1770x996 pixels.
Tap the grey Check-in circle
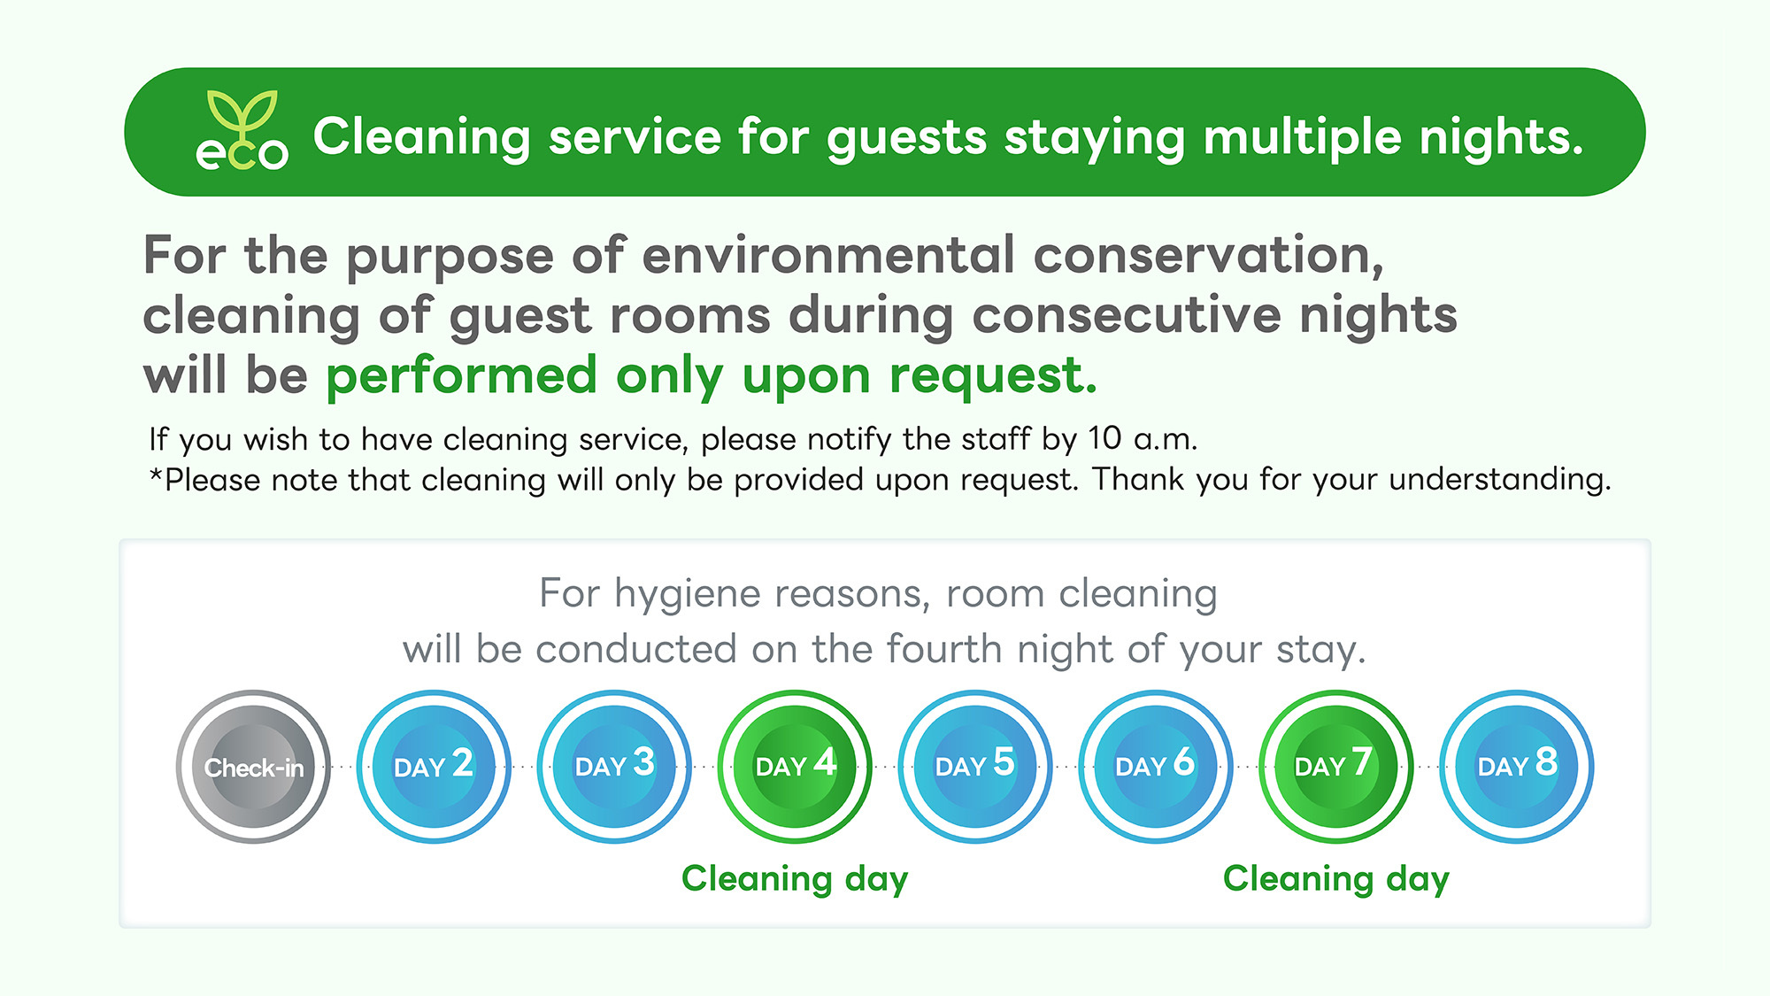coord(253,767)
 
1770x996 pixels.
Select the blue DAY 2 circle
coord(434,767)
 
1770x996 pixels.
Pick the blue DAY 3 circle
coord(614,767)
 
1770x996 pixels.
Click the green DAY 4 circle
coord(795,767)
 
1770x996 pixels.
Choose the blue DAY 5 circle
coord(975,767)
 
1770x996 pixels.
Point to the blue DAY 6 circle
coord(1155,767)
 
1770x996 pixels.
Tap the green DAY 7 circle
coord(1335,767)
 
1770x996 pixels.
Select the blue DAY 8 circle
coord(1517,767)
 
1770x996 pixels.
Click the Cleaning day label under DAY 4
coord(795,879)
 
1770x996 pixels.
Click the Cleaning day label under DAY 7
coord(1336,879)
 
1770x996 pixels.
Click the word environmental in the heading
coord(828,255)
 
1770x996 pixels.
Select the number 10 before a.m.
coord(1104,438)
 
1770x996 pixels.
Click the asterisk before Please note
coord(156,475)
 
